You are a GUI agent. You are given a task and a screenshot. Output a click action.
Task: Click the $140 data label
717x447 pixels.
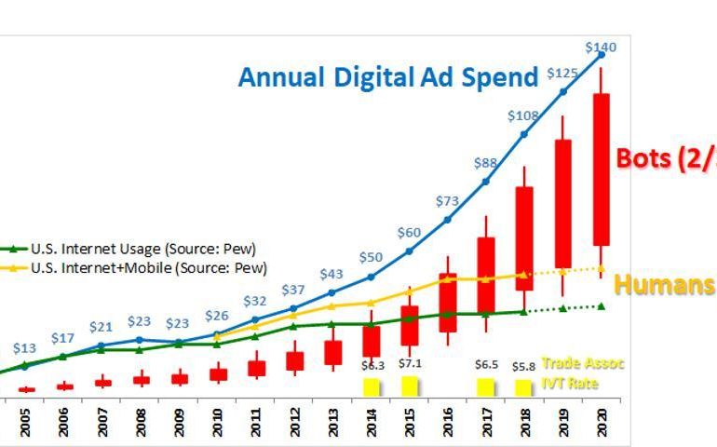601,47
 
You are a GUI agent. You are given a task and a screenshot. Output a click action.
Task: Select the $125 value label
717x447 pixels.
562,73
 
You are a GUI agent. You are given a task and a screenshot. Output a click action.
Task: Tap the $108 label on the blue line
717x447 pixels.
523,116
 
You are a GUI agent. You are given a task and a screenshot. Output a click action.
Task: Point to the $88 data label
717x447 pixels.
485,163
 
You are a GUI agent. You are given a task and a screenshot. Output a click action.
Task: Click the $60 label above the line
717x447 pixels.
410,232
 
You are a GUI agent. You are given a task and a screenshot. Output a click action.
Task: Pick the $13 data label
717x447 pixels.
25,347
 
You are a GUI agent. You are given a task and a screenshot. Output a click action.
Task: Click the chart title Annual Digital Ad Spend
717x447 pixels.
388,76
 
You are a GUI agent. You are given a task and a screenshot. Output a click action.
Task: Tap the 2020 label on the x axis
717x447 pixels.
601,425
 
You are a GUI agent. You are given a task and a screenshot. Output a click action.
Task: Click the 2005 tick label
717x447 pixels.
25,425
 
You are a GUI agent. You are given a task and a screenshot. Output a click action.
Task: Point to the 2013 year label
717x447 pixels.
332,425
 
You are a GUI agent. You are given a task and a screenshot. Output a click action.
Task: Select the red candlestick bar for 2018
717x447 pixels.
524,238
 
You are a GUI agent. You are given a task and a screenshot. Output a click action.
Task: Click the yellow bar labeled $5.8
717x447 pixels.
524,387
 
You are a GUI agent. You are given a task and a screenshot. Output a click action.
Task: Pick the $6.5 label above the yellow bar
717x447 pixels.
485,365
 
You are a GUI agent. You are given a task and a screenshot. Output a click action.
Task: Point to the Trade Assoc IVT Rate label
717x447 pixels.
582,372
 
